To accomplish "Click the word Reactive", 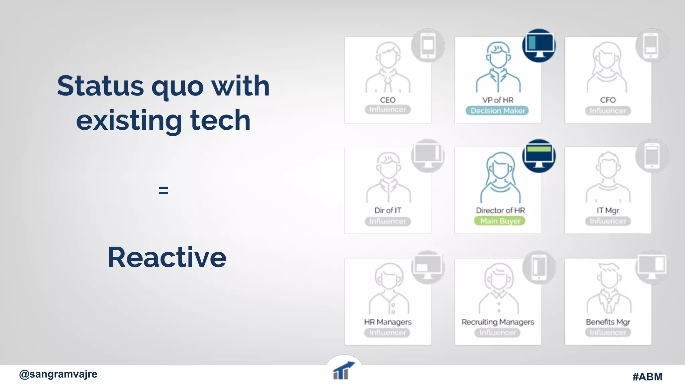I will point(167,257).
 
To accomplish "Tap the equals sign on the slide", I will point(163,191).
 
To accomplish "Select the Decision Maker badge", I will point(497,111).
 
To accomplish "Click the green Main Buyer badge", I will point(500,221).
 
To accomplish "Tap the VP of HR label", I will point(497,100).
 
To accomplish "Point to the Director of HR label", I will point(500,210).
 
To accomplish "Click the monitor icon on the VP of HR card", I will point(539,46).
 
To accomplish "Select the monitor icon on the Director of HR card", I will point(539,156).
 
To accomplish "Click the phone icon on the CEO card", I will point(428,45).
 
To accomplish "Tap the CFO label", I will point(607,100).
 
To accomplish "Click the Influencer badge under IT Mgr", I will point(607,221).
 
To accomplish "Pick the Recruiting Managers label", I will point(497,322).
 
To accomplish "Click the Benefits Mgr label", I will point(607,322).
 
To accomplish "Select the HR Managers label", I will point(387,322).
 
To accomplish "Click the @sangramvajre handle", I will point(58,374).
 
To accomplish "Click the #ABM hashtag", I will point(647,377).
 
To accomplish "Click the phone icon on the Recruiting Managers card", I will point(539,267).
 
